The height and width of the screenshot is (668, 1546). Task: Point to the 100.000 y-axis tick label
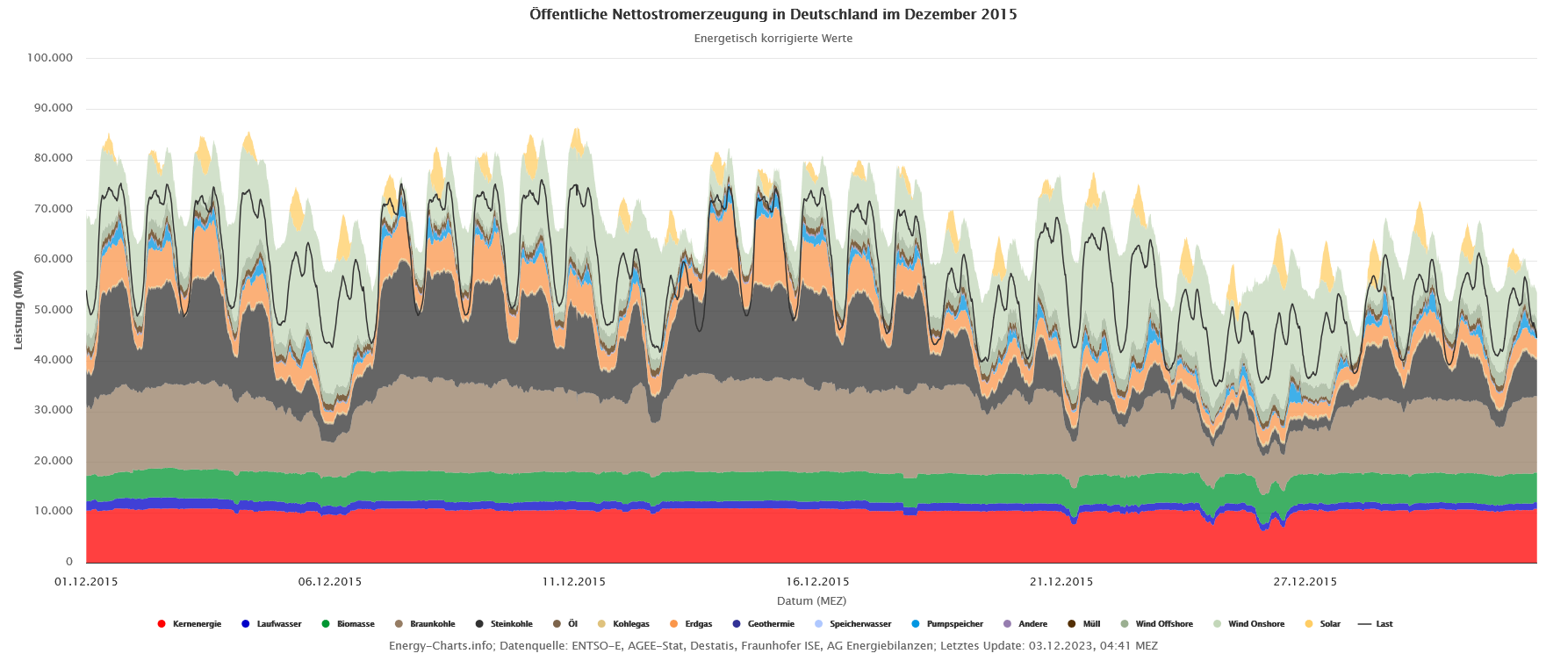tap(50, 58)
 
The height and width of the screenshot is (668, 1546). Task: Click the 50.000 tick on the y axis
tap(54, 310)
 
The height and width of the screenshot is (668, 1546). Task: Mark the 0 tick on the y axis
tap(69, 562)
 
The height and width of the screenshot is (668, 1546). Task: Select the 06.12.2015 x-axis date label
tap(330, 581)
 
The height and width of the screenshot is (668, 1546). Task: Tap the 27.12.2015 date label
tap(1305, 581)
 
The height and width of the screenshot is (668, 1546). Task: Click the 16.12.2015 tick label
tap(817, 581)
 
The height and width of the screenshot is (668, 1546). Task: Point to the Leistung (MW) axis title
tap(18, 310)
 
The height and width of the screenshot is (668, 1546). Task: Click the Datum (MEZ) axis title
tap(811, 601)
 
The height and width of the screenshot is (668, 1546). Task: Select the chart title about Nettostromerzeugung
tap(773, 14)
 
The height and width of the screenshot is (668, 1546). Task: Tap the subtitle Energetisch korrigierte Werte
tap(773, 39)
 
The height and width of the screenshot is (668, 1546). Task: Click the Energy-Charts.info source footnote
tap(773, 646)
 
